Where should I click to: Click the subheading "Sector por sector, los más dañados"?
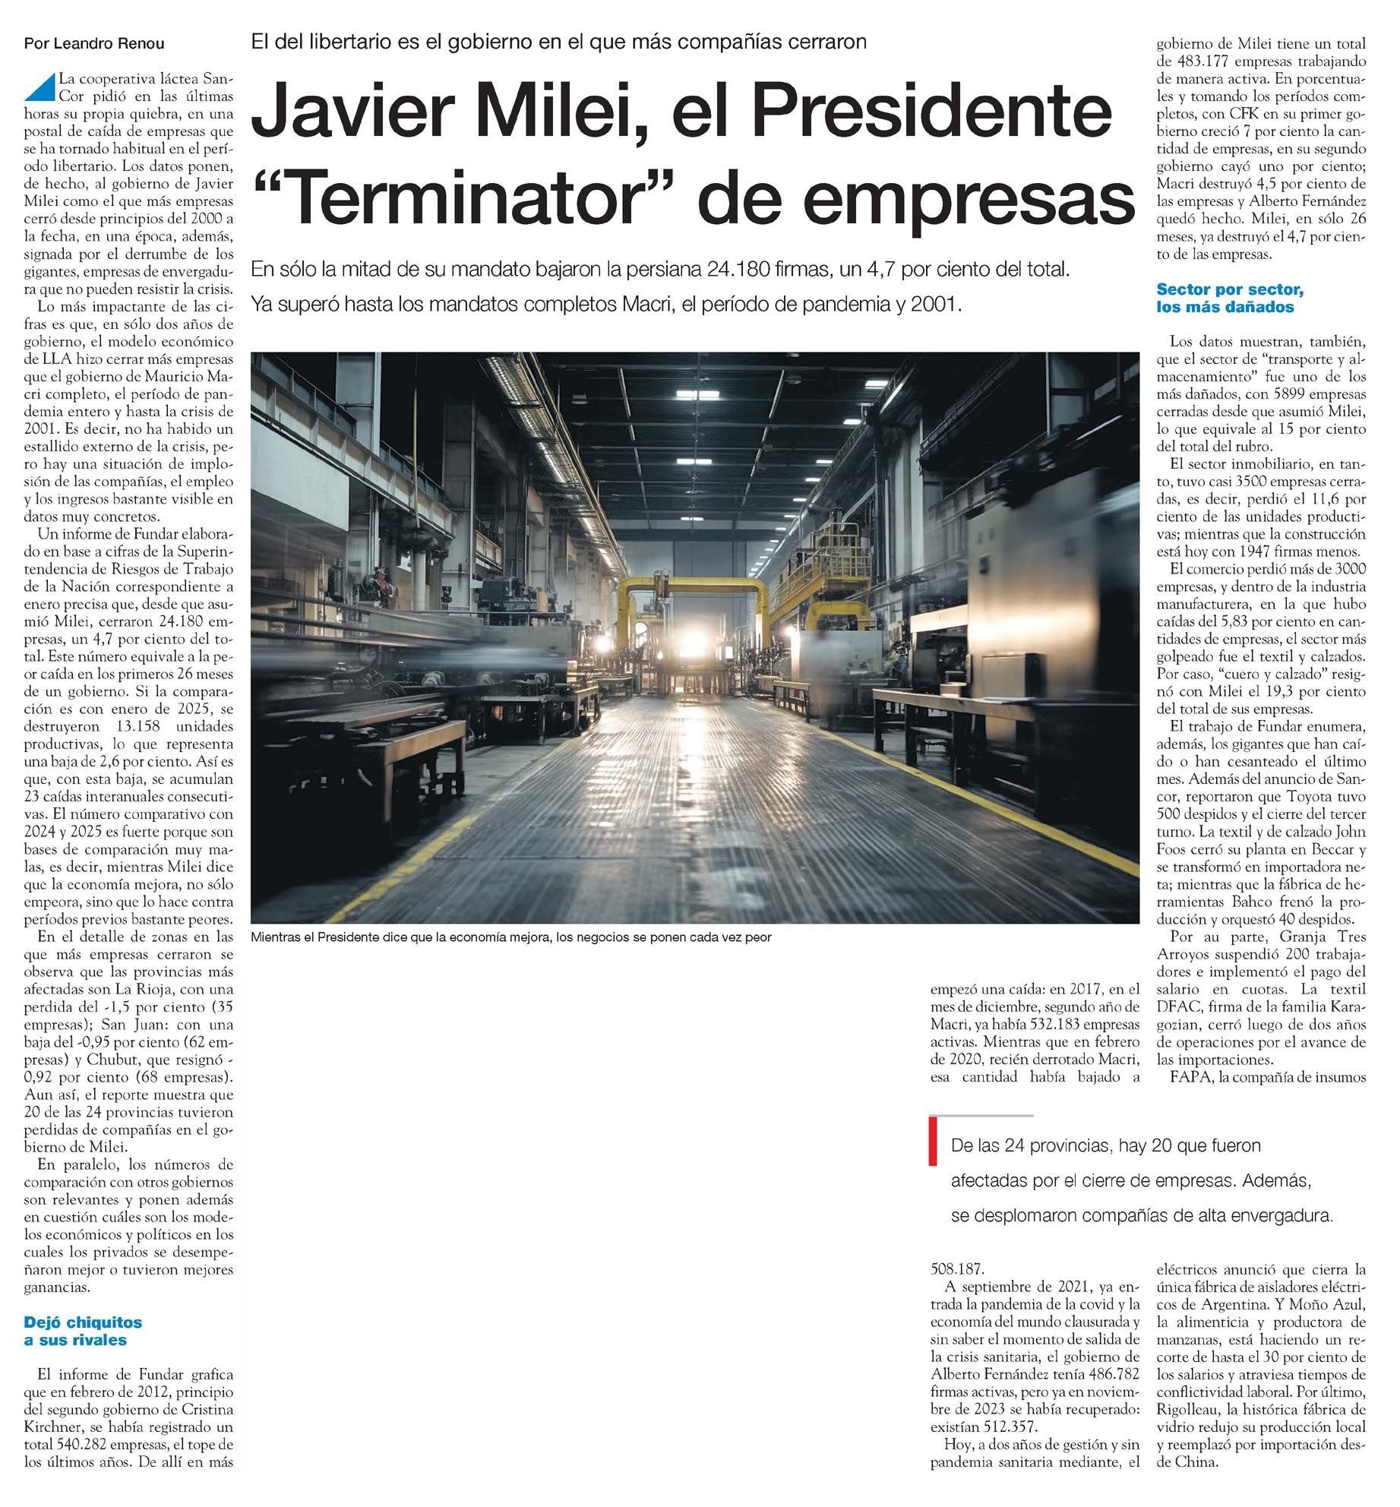pyautogui.click(x=1230, y=298)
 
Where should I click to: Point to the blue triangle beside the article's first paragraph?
pyautogui.click(x=40, y=87)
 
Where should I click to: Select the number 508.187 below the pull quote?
pyautogui.click(x=957, y=1268)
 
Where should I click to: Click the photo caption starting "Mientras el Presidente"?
pyautogui.click(x=510, y=937)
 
